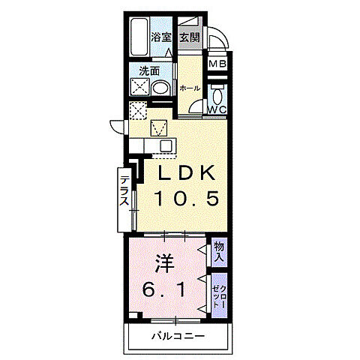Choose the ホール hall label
189,88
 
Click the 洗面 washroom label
148,72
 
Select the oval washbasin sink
160,88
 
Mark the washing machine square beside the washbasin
139,87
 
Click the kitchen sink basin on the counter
160,127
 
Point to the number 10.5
187,199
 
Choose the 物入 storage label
218,250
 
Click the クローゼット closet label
218,293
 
